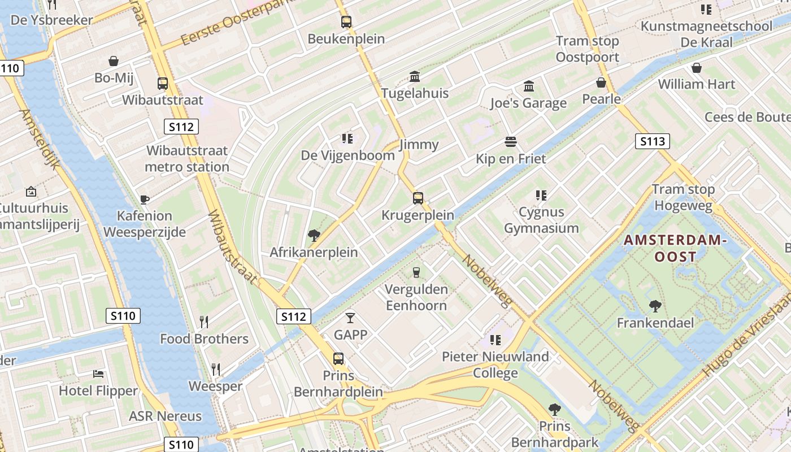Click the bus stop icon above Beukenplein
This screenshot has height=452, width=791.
click(346, 22)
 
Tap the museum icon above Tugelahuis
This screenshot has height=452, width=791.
click(415, 76)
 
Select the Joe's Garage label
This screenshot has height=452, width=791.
click(528, 103)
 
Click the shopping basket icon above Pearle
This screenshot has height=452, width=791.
click(601, 82)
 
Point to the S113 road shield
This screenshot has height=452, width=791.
click(652, 141)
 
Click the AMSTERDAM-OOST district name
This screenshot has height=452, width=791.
click(675, 248)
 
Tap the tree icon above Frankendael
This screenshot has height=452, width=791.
click(655, 306)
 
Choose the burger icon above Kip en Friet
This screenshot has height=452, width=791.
click(511, 141)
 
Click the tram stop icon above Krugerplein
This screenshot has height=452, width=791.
click(418, 198)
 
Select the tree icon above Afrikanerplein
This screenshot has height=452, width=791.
click(314, 235)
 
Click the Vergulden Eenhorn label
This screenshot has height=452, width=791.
click(416, 297)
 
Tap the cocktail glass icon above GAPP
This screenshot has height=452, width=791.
click(350, 318)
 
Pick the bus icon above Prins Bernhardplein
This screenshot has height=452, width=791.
click(338, 359)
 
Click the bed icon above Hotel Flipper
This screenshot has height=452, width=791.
click(98, 374)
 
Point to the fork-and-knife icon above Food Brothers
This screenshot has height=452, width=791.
click(204, 322)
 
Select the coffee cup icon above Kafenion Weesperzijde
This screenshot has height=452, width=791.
click(145, 199)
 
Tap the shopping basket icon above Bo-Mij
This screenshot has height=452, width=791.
click(114, 61)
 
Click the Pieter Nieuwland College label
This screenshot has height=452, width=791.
click(495, 364)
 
